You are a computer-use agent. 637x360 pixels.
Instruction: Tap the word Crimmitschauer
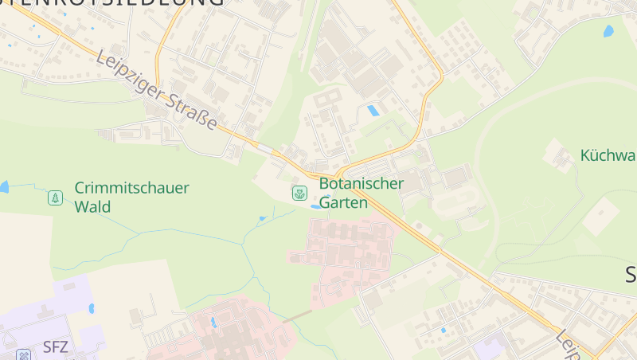(x=131, y=189)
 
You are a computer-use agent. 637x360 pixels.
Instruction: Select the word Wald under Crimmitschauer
(x=92, y=207)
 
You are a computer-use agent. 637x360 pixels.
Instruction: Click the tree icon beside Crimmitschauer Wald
(x=55, y=197)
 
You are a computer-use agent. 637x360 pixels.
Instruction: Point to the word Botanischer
(x=361, y=184)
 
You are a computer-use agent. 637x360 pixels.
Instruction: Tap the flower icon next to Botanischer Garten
(x=299, y=193)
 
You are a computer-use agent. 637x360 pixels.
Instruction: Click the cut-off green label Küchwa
(x=608, y=155)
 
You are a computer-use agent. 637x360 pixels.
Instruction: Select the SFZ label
(x=56, y=346)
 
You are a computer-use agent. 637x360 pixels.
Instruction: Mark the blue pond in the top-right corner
(x=609, y=31)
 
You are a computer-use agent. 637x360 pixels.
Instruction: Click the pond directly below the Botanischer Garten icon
(x=316, y=206)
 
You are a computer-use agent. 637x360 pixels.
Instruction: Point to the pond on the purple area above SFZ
(x=92, y=308)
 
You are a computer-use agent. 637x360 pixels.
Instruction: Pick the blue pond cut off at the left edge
(x=3, y=187)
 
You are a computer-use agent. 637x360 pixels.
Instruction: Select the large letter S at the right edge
(x=630, y=276)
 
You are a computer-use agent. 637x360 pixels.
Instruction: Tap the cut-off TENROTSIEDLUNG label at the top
(x=111, y=3)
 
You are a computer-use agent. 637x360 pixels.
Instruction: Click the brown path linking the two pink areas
(x=299, y=315)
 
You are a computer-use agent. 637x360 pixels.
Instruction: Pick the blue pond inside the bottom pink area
(x=213, y=323)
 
